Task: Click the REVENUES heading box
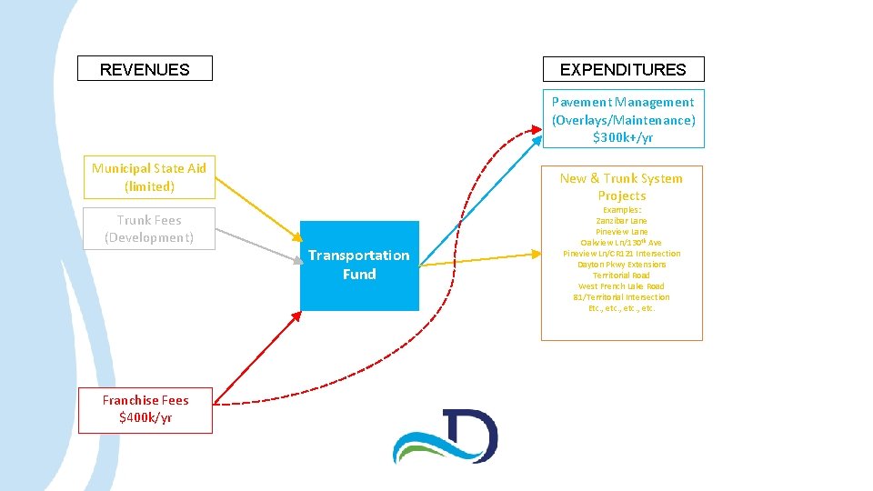(145, 69)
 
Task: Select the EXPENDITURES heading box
(623, 69)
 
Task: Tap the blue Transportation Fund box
(359, 265)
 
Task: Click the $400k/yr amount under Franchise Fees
(145, 417)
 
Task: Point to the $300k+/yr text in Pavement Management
(623, 138)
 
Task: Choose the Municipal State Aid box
(149, 177)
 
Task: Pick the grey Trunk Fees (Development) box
(149, 228)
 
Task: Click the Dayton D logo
(446, 436)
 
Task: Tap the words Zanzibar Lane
(622, 221)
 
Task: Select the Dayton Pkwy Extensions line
(622, 265)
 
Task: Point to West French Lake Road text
(622, 286)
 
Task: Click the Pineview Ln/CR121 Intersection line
(622, 254)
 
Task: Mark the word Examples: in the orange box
(622, 210)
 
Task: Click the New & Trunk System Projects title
(622, 186)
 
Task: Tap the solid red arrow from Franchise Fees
(260, 357)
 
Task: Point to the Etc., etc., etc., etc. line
(622, 308)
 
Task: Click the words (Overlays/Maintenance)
(623, 120)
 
